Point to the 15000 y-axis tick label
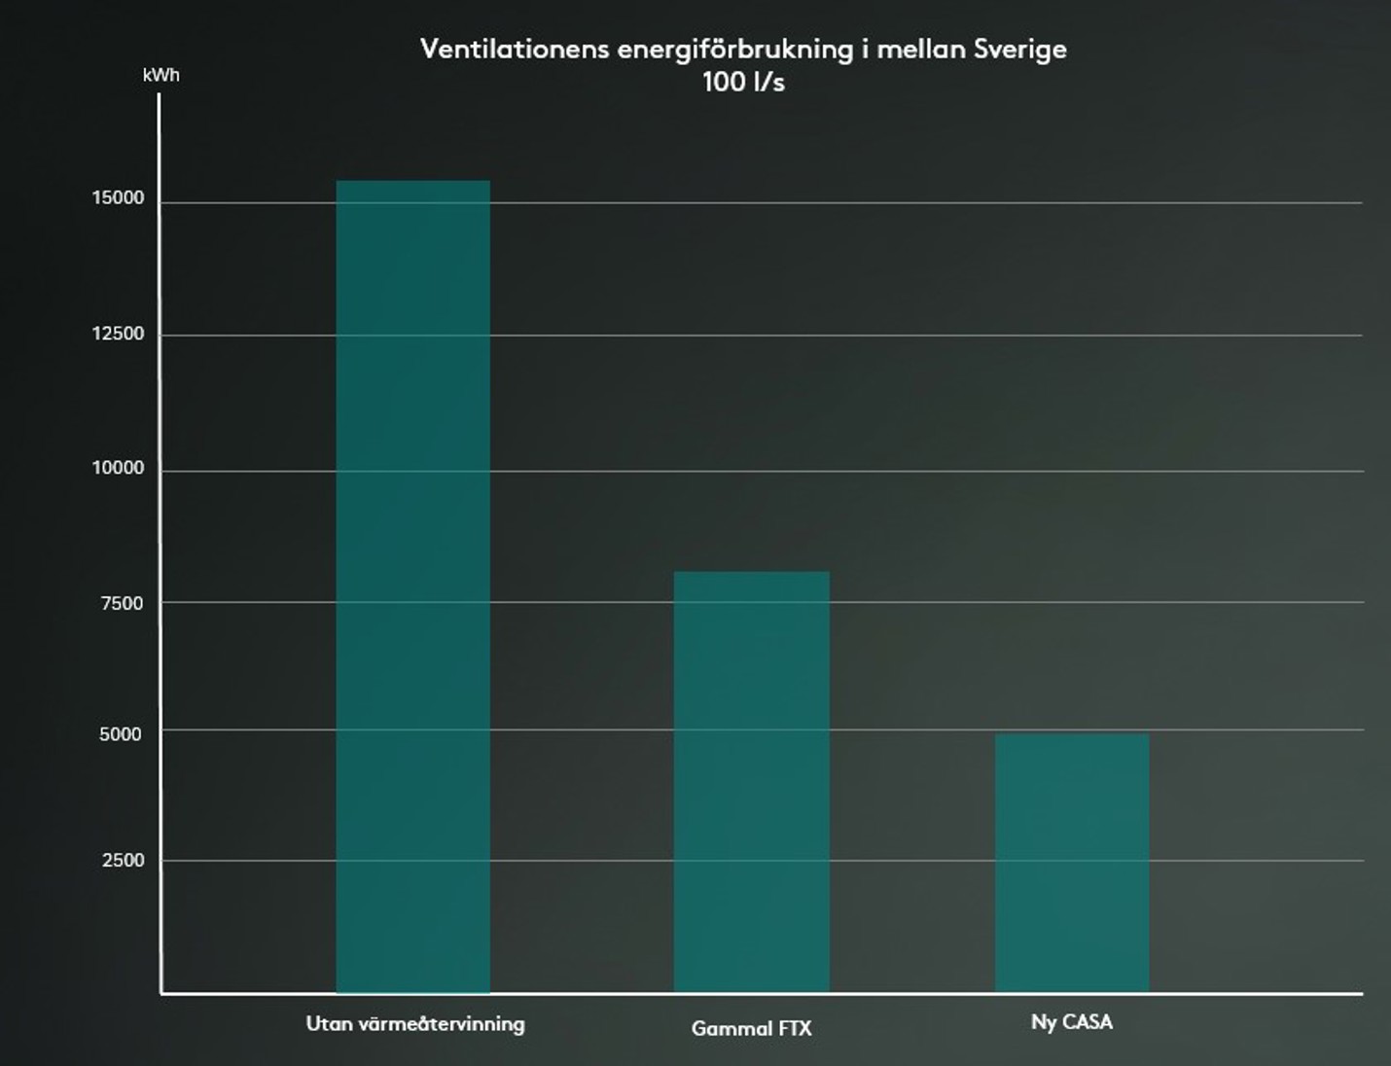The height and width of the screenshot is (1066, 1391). tap(118, 198)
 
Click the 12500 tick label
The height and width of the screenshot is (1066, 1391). tap(118, 334)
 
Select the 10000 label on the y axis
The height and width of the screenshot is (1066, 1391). tap(118, 468)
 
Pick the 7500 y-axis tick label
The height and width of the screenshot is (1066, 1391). tap(122, 603)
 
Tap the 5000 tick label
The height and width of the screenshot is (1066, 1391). tap(121, 734)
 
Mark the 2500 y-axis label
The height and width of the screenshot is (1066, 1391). tap(123, 860)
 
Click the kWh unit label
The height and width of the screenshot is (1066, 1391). tap(160, 75)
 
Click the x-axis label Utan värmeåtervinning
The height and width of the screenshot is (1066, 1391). tap(415, 1024)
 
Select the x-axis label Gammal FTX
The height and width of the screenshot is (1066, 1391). tap(751, 1028)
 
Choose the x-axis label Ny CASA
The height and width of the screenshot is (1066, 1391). tap(1071, 1022)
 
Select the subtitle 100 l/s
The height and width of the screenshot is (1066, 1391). tap(743, 82)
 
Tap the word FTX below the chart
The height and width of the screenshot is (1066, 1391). tap(795, 1028)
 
